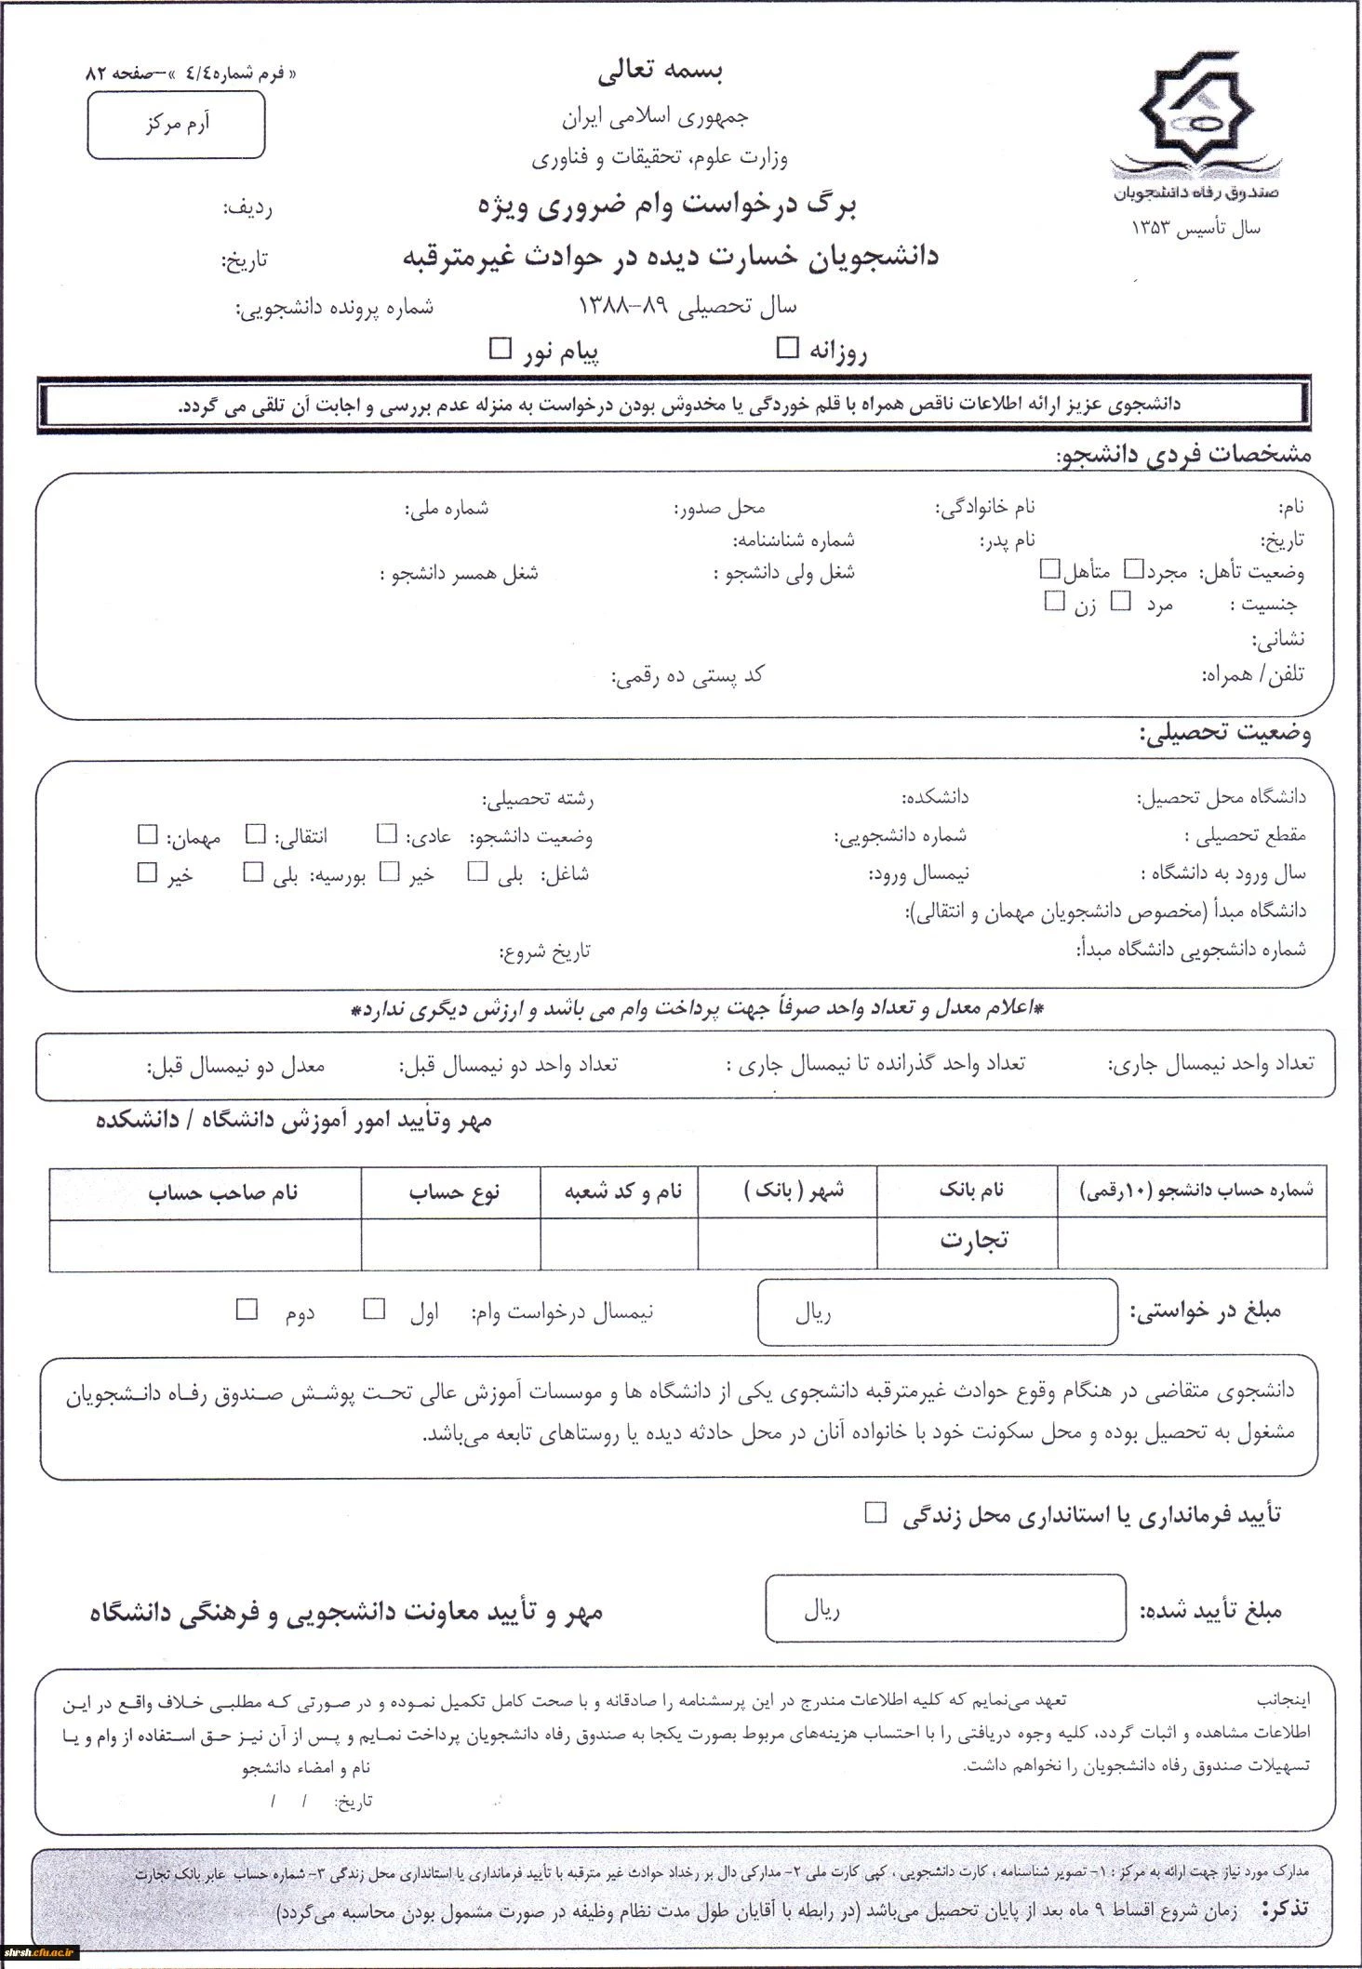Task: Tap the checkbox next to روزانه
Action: click(788, 348)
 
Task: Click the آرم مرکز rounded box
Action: click(177, 125)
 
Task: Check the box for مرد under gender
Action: click(1122, 602)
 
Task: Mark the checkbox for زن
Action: click(1054, 602)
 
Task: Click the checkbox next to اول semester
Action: click(374, 1310)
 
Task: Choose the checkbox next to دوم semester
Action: click(247, 1310)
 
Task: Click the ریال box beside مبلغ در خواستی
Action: click(938, 1312)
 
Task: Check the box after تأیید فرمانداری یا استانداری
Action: click(875, 1512)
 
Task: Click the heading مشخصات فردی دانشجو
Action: click(1183, 455)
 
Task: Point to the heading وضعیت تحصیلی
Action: click(1224, 734)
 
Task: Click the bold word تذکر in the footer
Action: click(1285, 1909)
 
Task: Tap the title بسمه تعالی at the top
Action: click(660, 69)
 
